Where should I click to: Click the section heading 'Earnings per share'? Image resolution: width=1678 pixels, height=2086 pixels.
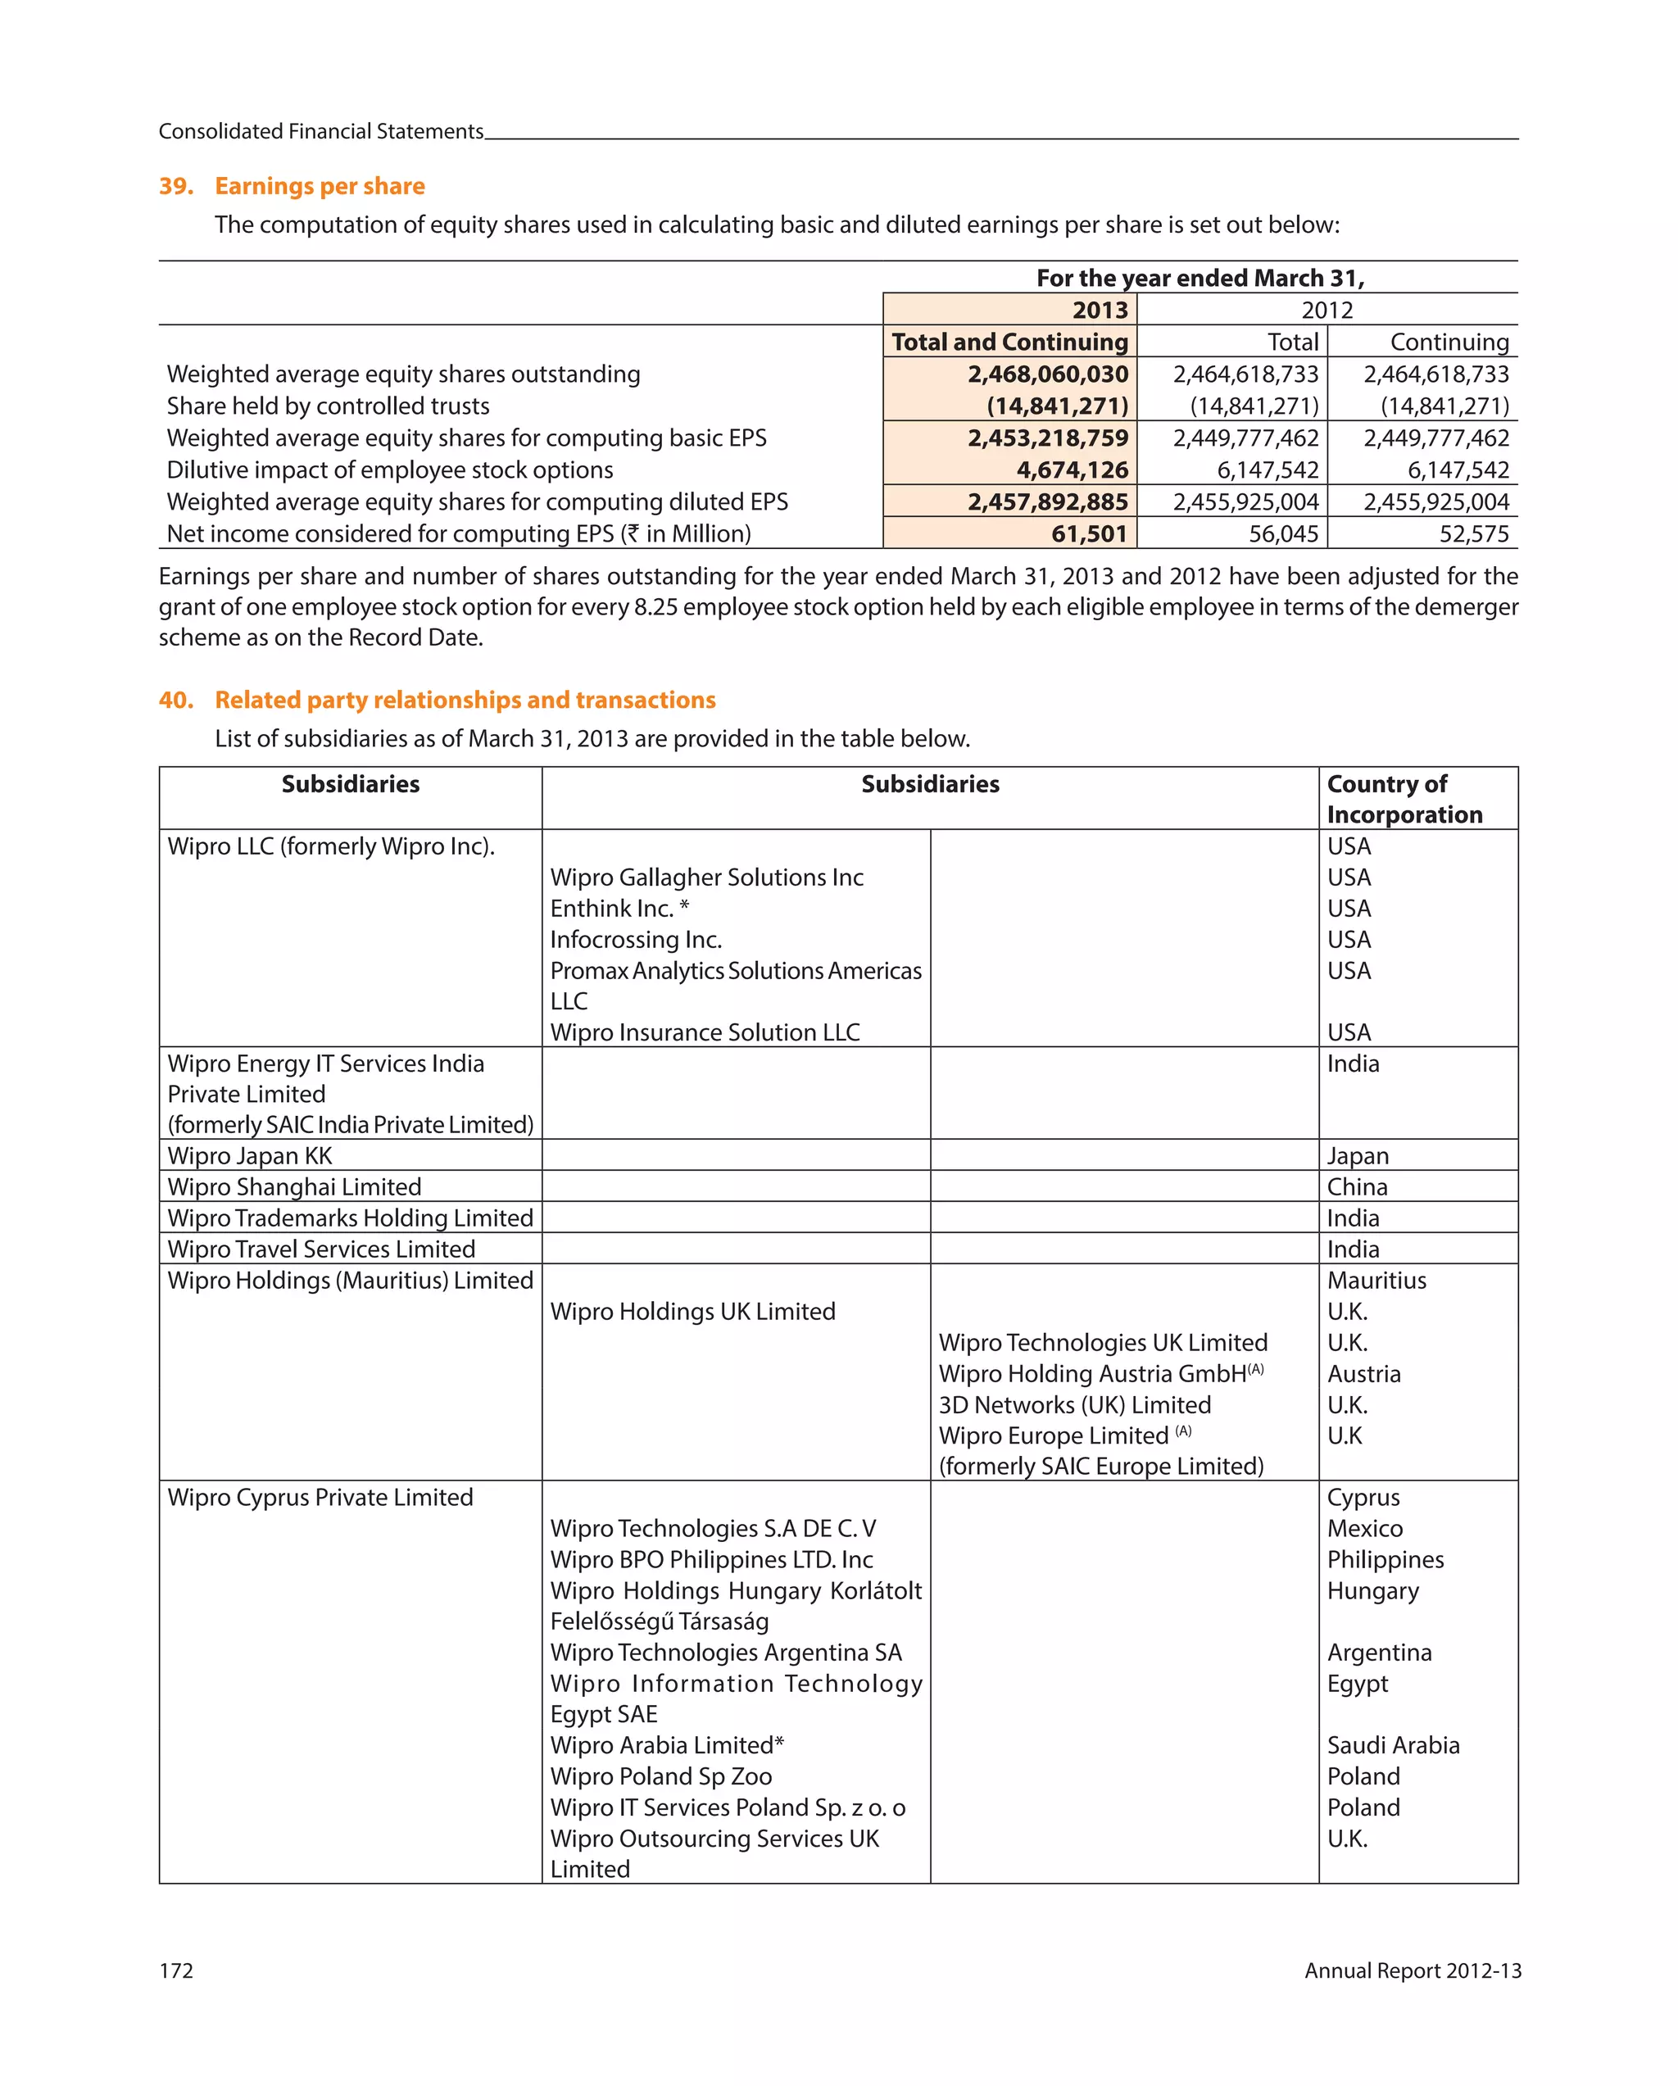point(320,186)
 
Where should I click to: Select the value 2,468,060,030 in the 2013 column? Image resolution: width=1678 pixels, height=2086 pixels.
point(1047,374)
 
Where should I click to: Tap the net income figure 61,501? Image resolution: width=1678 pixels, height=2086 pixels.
point(1089,534)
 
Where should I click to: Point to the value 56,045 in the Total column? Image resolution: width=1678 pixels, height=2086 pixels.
point(1283,534)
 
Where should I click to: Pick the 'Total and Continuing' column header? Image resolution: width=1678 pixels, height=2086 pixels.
point(1009,342)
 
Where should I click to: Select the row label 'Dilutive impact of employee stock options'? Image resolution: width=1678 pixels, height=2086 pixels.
point(390,470)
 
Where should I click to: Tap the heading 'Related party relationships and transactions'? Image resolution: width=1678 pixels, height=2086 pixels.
point(465,700)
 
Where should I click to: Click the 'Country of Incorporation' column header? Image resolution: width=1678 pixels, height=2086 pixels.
point(1404,799)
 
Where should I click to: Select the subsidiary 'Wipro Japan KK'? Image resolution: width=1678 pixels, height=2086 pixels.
point(250,1156)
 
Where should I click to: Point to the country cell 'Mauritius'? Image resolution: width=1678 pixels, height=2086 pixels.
point(1376,1281)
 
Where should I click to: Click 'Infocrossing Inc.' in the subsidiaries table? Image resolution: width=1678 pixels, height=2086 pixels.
point(636,940)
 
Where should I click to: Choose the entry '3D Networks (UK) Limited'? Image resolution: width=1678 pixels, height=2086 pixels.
point(1074,1405)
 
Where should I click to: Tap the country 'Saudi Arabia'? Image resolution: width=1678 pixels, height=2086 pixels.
point(1393,1745)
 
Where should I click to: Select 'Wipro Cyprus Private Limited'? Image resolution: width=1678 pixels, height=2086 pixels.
point(320,1498)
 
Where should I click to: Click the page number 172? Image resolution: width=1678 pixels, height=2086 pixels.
point(176,1970)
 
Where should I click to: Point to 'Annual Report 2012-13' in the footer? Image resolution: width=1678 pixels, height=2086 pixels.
point(1412,1970)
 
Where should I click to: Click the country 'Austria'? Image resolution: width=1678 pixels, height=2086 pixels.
point(1363,1374)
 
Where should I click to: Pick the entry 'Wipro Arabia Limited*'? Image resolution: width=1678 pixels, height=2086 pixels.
point(667,1745)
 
